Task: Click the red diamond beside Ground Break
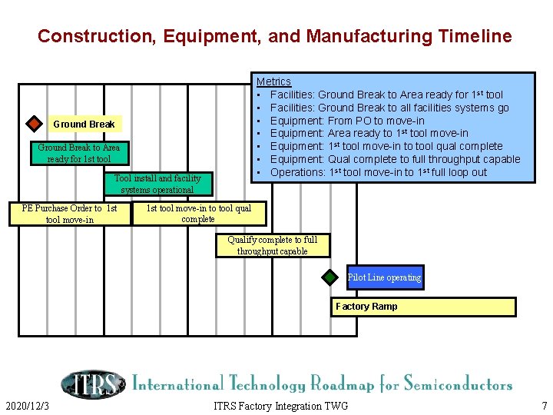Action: pyautogui.click(x=34, y=124)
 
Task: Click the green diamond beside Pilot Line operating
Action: pyautogui.click(x=329, y=277)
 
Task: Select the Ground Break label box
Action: pyautogui.click(x=84, y=124)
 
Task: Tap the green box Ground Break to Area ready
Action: pyautogui.click(x=78, y=153)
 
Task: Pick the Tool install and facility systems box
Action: pyautogui.click(x=157, y=184)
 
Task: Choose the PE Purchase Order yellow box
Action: pyautogui.click(x=70, y=214)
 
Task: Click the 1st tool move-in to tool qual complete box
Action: pyautogui.click(x=198, y=214)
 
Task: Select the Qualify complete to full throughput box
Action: pyautogui.click(x=272, y=246)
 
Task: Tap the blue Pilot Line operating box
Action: pyautogui.click(x=384, y=277)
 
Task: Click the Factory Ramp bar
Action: pyautogui.click(x=423, y=307)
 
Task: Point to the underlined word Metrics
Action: pyautogui.click(x=273, y=81)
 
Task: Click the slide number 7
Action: pyautogui.click(x=544, y=406)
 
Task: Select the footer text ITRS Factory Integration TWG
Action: pyautogui.click(x=280, y=406)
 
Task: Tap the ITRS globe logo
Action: pyautogui.click(x=92, y=383)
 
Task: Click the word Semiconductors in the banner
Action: pyautogui.click(x=458, y=383)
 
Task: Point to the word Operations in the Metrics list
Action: pyautogui.click(x=298, y=172)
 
